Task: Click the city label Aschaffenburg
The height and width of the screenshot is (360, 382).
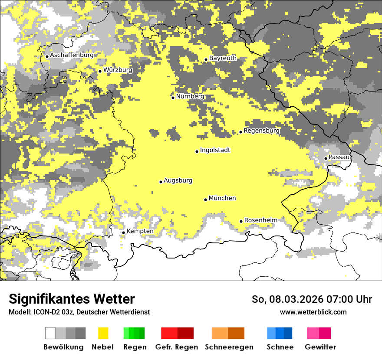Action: pos(72,56)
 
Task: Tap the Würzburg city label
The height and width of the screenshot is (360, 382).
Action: pos(118,70)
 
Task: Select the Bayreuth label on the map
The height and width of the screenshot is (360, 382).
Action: pos(223,58)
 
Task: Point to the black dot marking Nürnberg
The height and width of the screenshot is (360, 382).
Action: pos(173,98)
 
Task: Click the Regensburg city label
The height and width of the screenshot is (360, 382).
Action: pos(262,131)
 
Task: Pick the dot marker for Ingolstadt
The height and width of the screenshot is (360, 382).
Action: pos(197,151)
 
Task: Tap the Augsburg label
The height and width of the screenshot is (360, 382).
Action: pos(178,181)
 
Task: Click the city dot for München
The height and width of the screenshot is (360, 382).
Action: pos(206,200)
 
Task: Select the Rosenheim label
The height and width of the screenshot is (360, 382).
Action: pos(260,220)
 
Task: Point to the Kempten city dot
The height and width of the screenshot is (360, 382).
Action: pos(123,232)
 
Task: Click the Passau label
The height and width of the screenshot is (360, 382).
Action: pos(339,157)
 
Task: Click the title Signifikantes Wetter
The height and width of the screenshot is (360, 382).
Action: pos(72,299)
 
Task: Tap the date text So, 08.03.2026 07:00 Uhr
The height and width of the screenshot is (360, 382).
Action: pos(312,300)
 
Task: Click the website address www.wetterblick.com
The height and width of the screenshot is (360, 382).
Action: pos(313,312)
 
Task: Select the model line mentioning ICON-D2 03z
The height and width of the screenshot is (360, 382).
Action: pos(79,312)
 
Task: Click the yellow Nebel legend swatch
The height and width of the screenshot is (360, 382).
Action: pos(103,333)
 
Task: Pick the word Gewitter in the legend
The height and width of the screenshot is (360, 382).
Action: pos(320,347)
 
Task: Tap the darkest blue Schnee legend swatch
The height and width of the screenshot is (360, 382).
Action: pos(288,333)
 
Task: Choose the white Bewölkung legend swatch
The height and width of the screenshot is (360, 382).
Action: pos(50,333)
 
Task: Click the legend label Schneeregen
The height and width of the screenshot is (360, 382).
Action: pos(229,347)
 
